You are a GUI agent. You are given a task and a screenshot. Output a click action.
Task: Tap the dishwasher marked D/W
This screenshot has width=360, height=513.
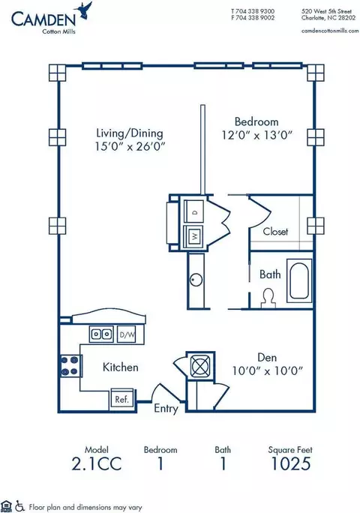tap(127, 334)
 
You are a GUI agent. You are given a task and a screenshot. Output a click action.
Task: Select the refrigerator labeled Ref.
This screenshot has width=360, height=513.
tap(121, 398)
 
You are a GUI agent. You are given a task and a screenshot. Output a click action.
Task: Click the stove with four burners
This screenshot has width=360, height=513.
tap(70, 366)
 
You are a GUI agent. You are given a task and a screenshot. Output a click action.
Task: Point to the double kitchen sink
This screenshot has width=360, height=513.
tap(101, 334)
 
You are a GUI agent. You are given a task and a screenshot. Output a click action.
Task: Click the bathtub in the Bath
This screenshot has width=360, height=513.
tap(299, 280)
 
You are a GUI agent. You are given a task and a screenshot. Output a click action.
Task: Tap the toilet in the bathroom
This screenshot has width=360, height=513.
tap(268, 298)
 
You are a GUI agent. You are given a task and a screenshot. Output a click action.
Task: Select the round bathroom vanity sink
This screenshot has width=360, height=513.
tap(196, 280)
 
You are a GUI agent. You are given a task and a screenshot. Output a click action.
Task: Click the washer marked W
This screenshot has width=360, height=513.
tap(193, 236)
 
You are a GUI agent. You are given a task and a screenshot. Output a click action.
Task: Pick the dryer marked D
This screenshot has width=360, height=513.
tap(193, 211)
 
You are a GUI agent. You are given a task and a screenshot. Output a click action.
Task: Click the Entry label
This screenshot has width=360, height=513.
tap(166, 409)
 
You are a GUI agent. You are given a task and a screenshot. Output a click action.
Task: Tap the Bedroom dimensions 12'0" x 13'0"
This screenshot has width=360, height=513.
tap(257, 135)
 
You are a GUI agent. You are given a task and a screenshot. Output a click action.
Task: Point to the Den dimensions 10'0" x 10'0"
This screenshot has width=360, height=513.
tap(268, 371)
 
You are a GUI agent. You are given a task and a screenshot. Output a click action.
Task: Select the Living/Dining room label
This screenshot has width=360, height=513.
tap(130, 133)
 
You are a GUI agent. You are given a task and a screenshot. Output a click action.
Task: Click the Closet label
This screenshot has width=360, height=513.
tap(275, 232)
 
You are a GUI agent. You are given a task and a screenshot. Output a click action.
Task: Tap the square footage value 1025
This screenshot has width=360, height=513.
tap(290, 463)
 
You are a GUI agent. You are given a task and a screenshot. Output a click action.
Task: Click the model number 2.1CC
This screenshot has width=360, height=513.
tap(97, 463)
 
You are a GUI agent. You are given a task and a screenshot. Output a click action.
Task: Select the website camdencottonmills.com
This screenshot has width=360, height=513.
tap(330, 31)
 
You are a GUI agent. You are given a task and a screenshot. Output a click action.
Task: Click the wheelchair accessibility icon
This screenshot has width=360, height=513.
tap(20, 506)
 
